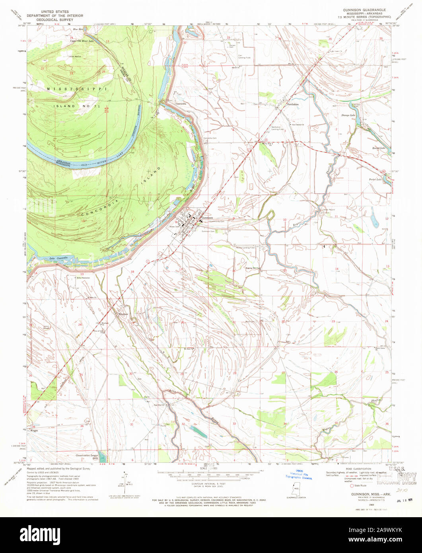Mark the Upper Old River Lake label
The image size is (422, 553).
82,41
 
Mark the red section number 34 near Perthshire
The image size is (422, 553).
280,39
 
